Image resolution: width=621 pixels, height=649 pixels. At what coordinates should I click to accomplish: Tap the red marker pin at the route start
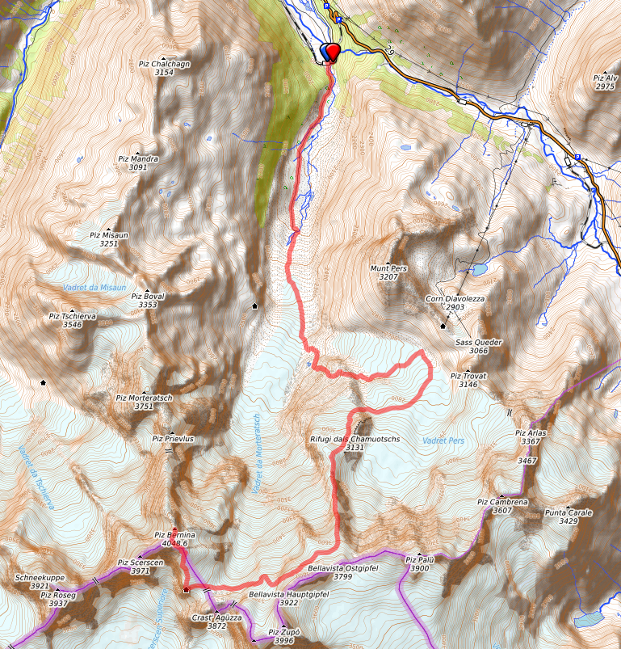click(x=331, y=51)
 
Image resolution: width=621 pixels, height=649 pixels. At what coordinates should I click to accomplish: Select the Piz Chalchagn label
click(x=165, y=63)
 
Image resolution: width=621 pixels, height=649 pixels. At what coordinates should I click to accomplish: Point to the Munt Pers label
click(x=388, y=268)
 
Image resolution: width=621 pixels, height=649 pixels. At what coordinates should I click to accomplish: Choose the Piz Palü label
click(x=420, y=559)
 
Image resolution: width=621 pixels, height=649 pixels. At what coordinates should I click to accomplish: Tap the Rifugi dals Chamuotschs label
click(x=355, y=438)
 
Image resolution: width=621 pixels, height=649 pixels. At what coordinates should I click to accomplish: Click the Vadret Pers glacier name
click(x=444, y=440)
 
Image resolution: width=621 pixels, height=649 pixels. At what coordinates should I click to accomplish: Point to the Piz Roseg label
click(x=58, y=595)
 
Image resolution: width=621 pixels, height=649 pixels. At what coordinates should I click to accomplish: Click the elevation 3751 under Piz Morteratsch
click(x=144, y=407)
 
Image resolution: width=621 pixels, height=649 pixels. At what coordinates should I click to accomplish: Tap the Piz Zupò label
click(x=284, y=631)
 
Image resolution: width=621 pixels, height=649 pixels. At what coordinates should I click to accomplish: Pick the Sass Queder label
click(x=478, y=342)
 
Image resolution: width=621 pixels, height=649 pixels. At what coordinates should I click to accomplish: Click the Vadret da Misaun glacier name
click(x=94, y=288)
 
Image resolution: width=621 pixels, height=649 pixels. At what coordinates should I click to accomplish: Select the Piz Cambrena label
click(x=502, y=501)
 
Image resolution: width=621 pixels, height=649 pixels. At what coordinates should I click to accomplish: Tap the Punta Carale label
click(x=568, y=512)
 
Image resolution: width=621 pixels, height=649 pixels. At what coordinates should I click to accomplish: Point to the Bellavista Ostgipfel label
click(x=342, y=568)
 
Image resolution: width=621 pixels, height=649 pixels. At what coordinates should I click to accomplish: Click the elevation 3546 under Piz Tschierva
click(x=73, y=325)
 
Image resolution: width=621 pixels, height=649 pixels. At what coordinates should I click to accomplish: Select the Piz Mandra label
click(x=138, y=159)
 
